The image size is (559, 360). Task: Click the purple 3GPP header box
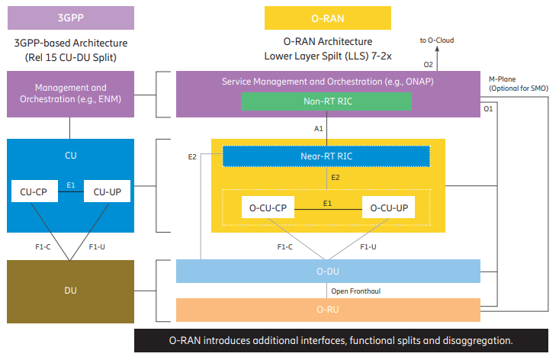(x=70, y=18)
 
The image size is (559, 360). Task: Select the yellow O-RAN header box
(x=327, y=18)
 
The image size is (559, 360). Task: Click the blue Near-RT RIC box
(x=327, y=156)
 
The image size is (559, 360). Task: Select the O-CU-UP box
(x=387, y=206)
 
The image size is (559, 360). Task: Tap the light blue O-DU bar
(x=328, y=272)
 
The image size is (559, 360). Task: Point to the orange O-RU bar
(x=328, y=310)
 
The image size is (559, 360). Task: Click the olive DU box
(x=70, y=291)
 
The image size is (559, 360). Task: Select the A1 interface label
(x=319, y=129)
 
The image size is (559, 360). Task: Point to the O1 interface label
(x=488, y=110)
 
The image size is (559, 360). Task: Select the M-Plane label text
(x=505, y=79)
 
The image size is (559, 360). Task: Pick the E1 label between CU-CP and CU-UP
(x=70, y=185)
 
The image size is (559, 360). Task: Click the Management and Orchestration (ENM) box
(x=70, y=93)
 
